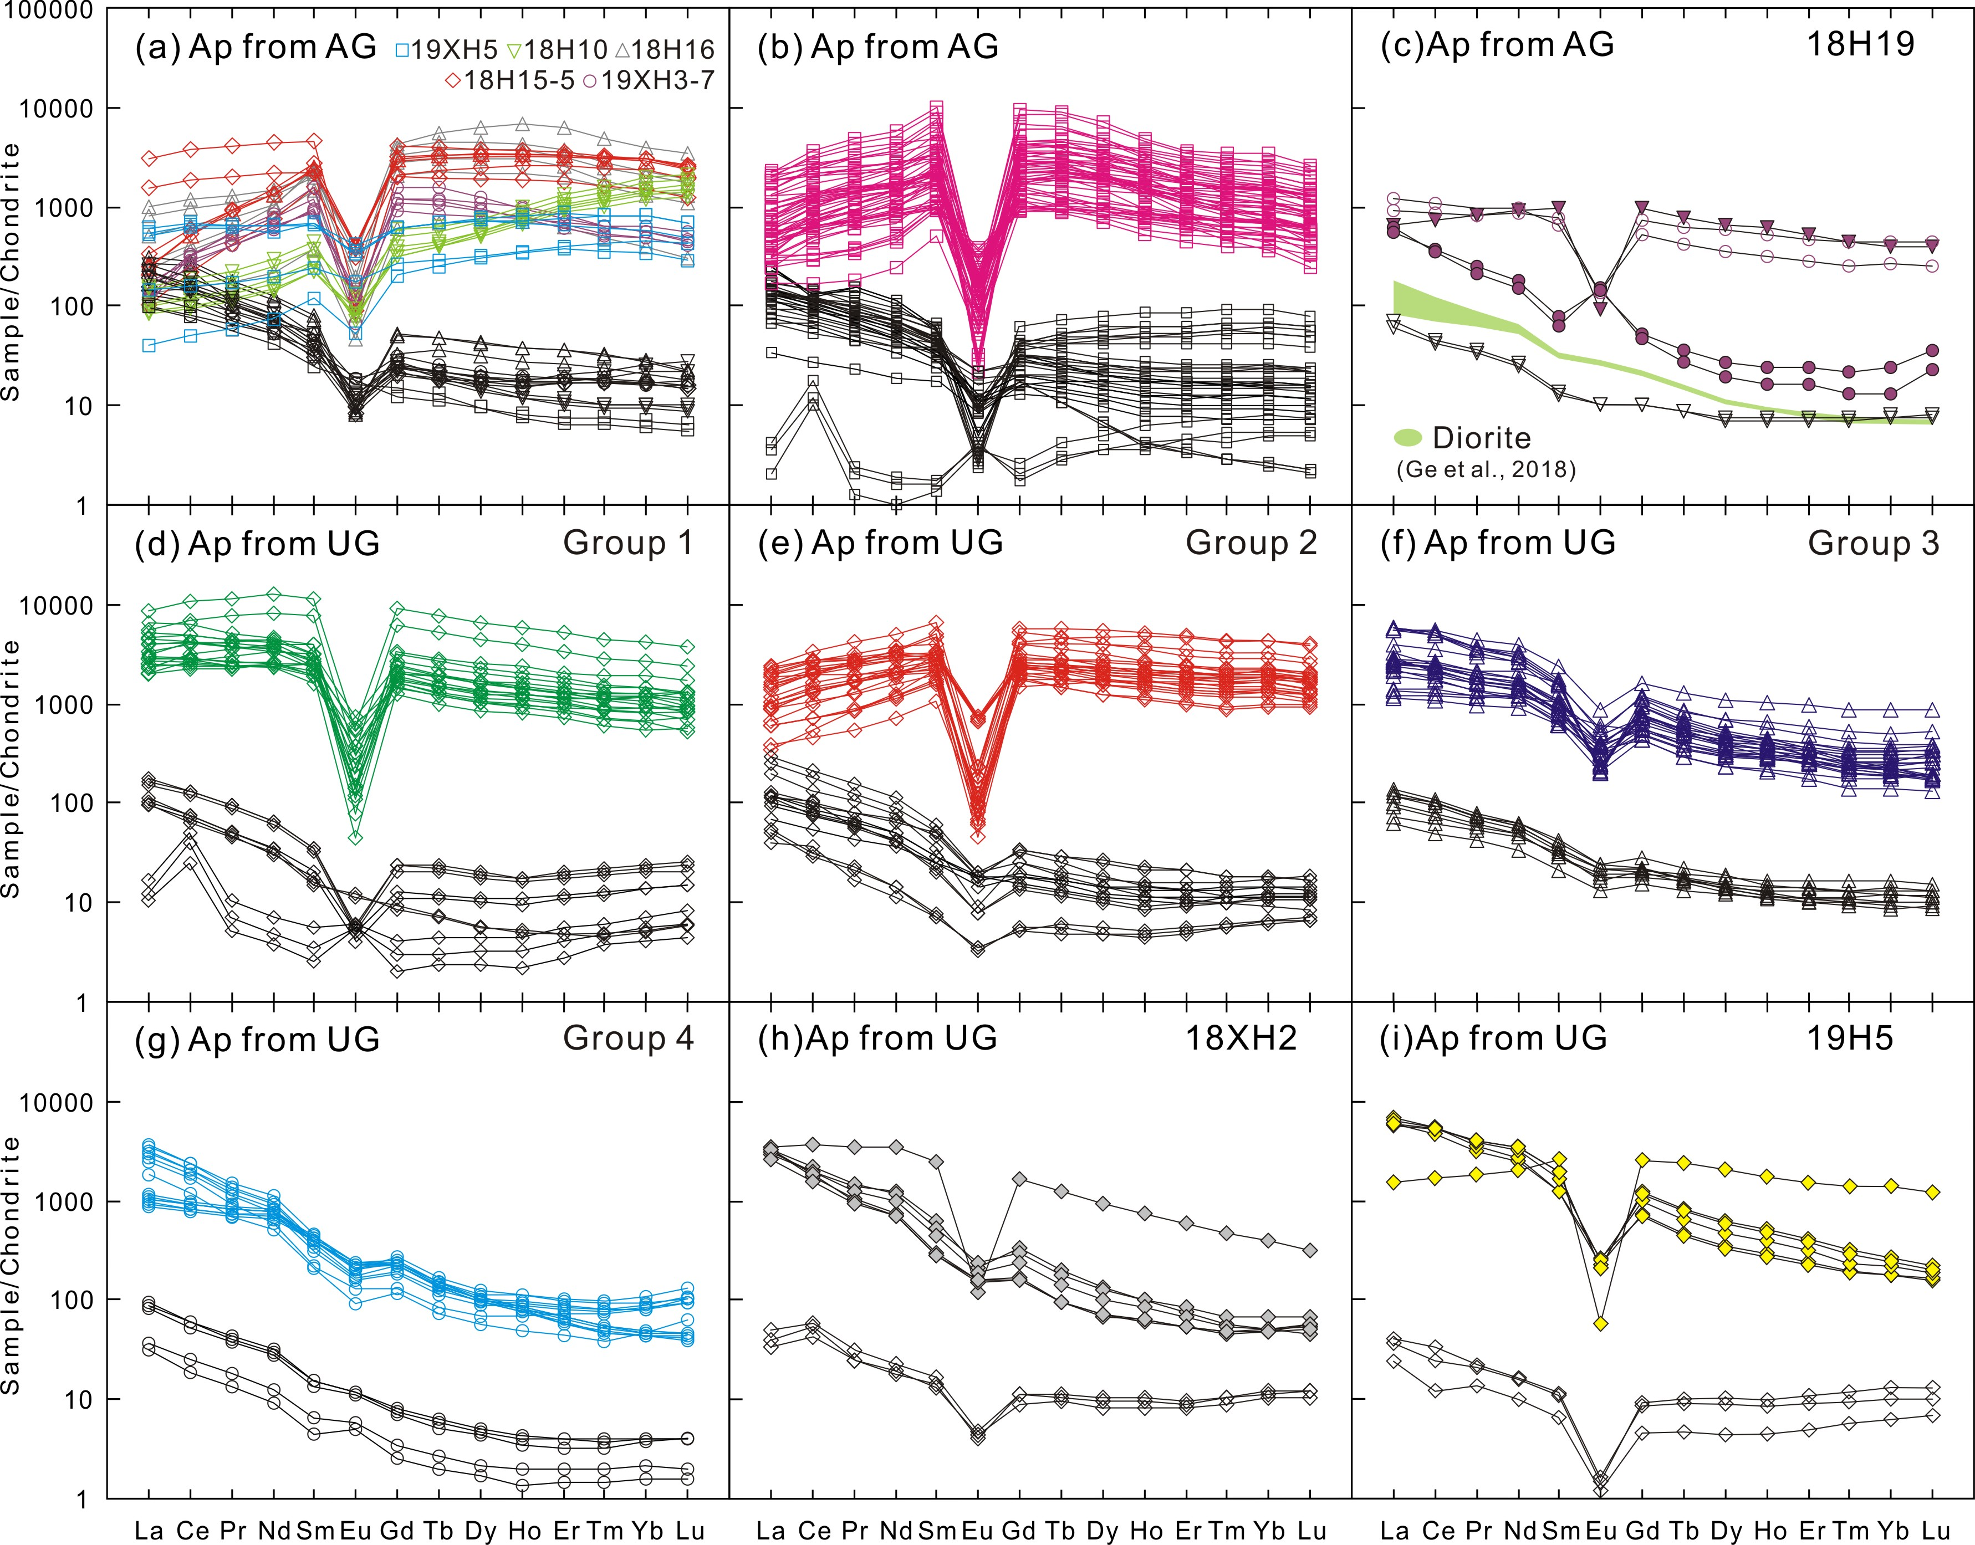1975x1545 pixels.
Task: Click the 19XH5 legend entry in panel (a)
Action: tap(447, 50)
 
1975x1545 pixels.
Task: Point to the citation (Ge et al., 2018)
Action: tap(1484, 469)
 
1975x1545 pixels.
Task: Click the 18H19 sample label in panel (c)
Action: tap(1860, 44)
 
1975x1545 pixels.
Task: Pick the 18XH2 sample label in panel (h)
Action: tap(1241, 1038)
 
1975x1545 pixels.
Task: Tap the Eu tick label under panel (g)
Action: tap(355, 1531)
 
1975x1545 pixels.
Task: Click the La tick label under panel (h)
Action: tap(771, 1531)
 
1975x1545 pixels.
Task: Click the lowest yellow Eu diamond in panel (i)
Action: tap(1600, 1323)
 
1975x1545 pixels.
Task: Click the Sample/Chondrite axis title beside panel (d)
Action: tap(12, 769)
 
